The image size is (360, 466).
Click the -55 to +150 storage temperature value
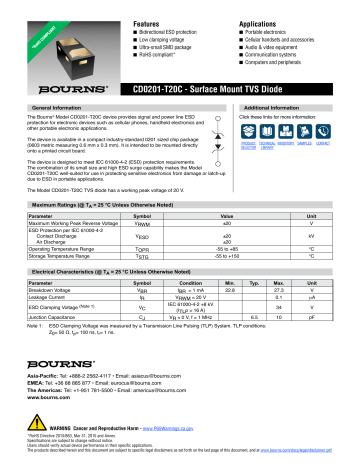(230, 256)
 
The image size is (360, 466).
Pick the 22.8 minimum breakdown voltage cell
(230, 290)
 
